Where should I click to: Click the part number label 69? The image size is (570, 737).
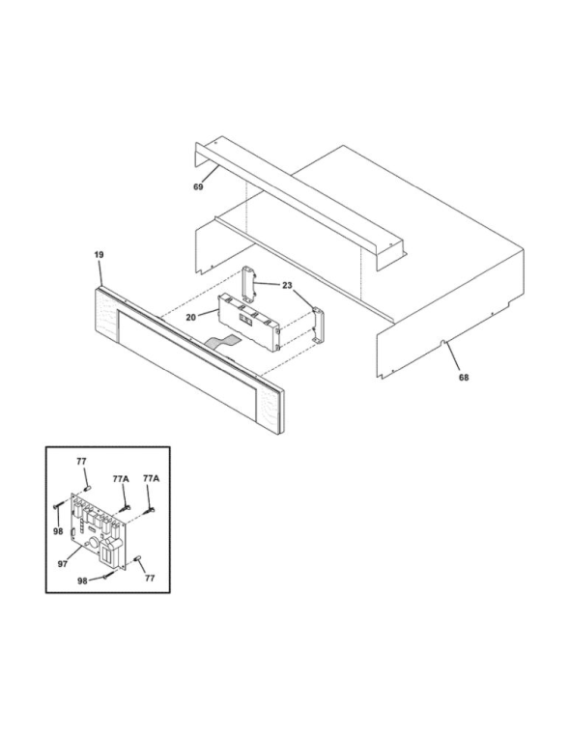point(198,186)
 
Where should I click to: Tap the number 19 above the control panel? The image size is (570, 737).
point(99,255)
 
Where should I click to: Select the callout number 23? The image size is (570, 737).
point(287,285)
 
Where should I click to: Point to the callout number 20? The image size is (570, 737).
point(190,317)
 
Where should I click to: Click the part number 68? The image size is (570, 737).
point(464,377)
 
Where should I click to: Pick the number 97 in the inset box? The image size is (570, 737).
point(63,564)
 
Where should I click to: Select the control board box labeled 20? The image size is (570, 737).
point(248,322)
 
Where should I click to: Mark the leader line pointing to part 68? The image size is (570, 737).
point(454,357)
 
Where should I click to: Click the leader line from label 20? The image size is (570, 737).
point(207,314)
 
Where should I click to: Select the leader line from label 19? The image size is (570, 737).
point(100,274)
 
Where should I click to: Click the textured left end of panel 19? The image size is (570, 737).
point(106,315)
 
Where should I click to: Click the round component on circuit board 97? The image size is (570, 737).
point(93,544)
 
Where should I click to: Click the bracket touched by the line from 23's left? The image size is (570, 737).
point(249,283)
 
